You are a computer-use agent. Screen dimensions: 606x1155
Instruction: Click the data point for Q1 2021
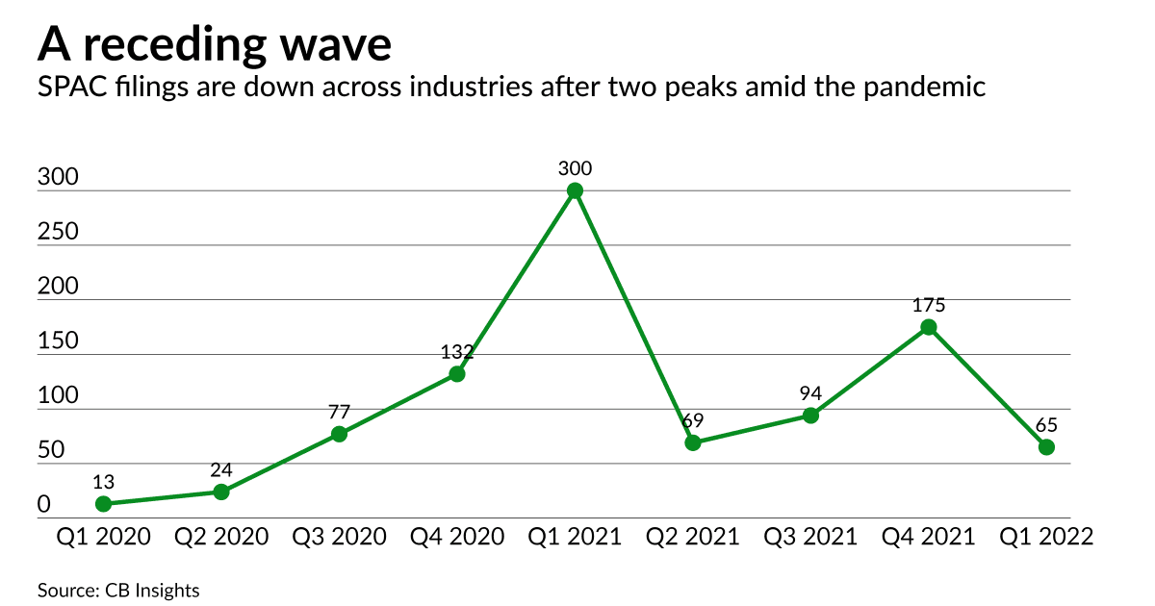[x=575, y=190]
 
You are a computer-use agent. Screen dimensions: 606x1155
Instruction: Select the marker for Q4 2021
[x=929, y=327]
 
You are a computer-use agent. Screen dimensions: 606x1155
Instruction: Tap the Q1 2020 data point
[x=103, y=504]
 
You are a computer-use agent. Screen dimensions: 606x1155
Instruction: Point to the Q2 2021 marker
[x=693, y=442]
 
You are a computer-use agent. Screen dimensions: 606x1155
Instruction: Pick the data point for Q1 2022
[x=1046, y=447]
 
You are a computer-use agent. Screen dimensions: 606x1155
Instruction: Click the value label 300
[x=575, y=168]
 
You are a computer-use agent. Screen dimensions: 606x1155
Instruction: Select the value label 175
[x=929, y=305]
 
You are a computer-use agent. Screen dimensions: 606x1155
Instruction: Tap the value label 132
[x=457, y=351]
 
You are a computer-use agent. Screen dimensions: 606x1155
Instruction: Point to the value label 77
[x=339, y=412]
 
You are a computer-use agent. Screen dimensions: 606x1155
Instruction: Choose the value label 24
[x=221, y=469]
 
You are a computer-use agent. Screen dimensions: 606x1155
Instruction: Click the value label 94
[x=810, y=392]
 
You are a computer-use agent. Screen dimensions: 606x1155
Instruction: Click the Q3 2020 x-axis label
[x=339, y=538]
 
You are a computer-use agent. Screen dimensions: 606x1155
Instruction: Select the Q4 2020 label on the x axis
[x=457, y=538]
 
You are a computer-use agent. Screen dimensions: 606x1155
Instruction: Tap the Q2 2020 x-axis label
[x=221, y=538]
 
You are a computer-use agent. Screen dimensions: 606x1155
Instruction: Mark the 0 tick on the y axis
[x=44, y=505]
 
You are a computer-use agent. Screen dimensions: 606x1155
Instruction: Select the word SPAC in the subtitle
[x=70, y=88]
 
